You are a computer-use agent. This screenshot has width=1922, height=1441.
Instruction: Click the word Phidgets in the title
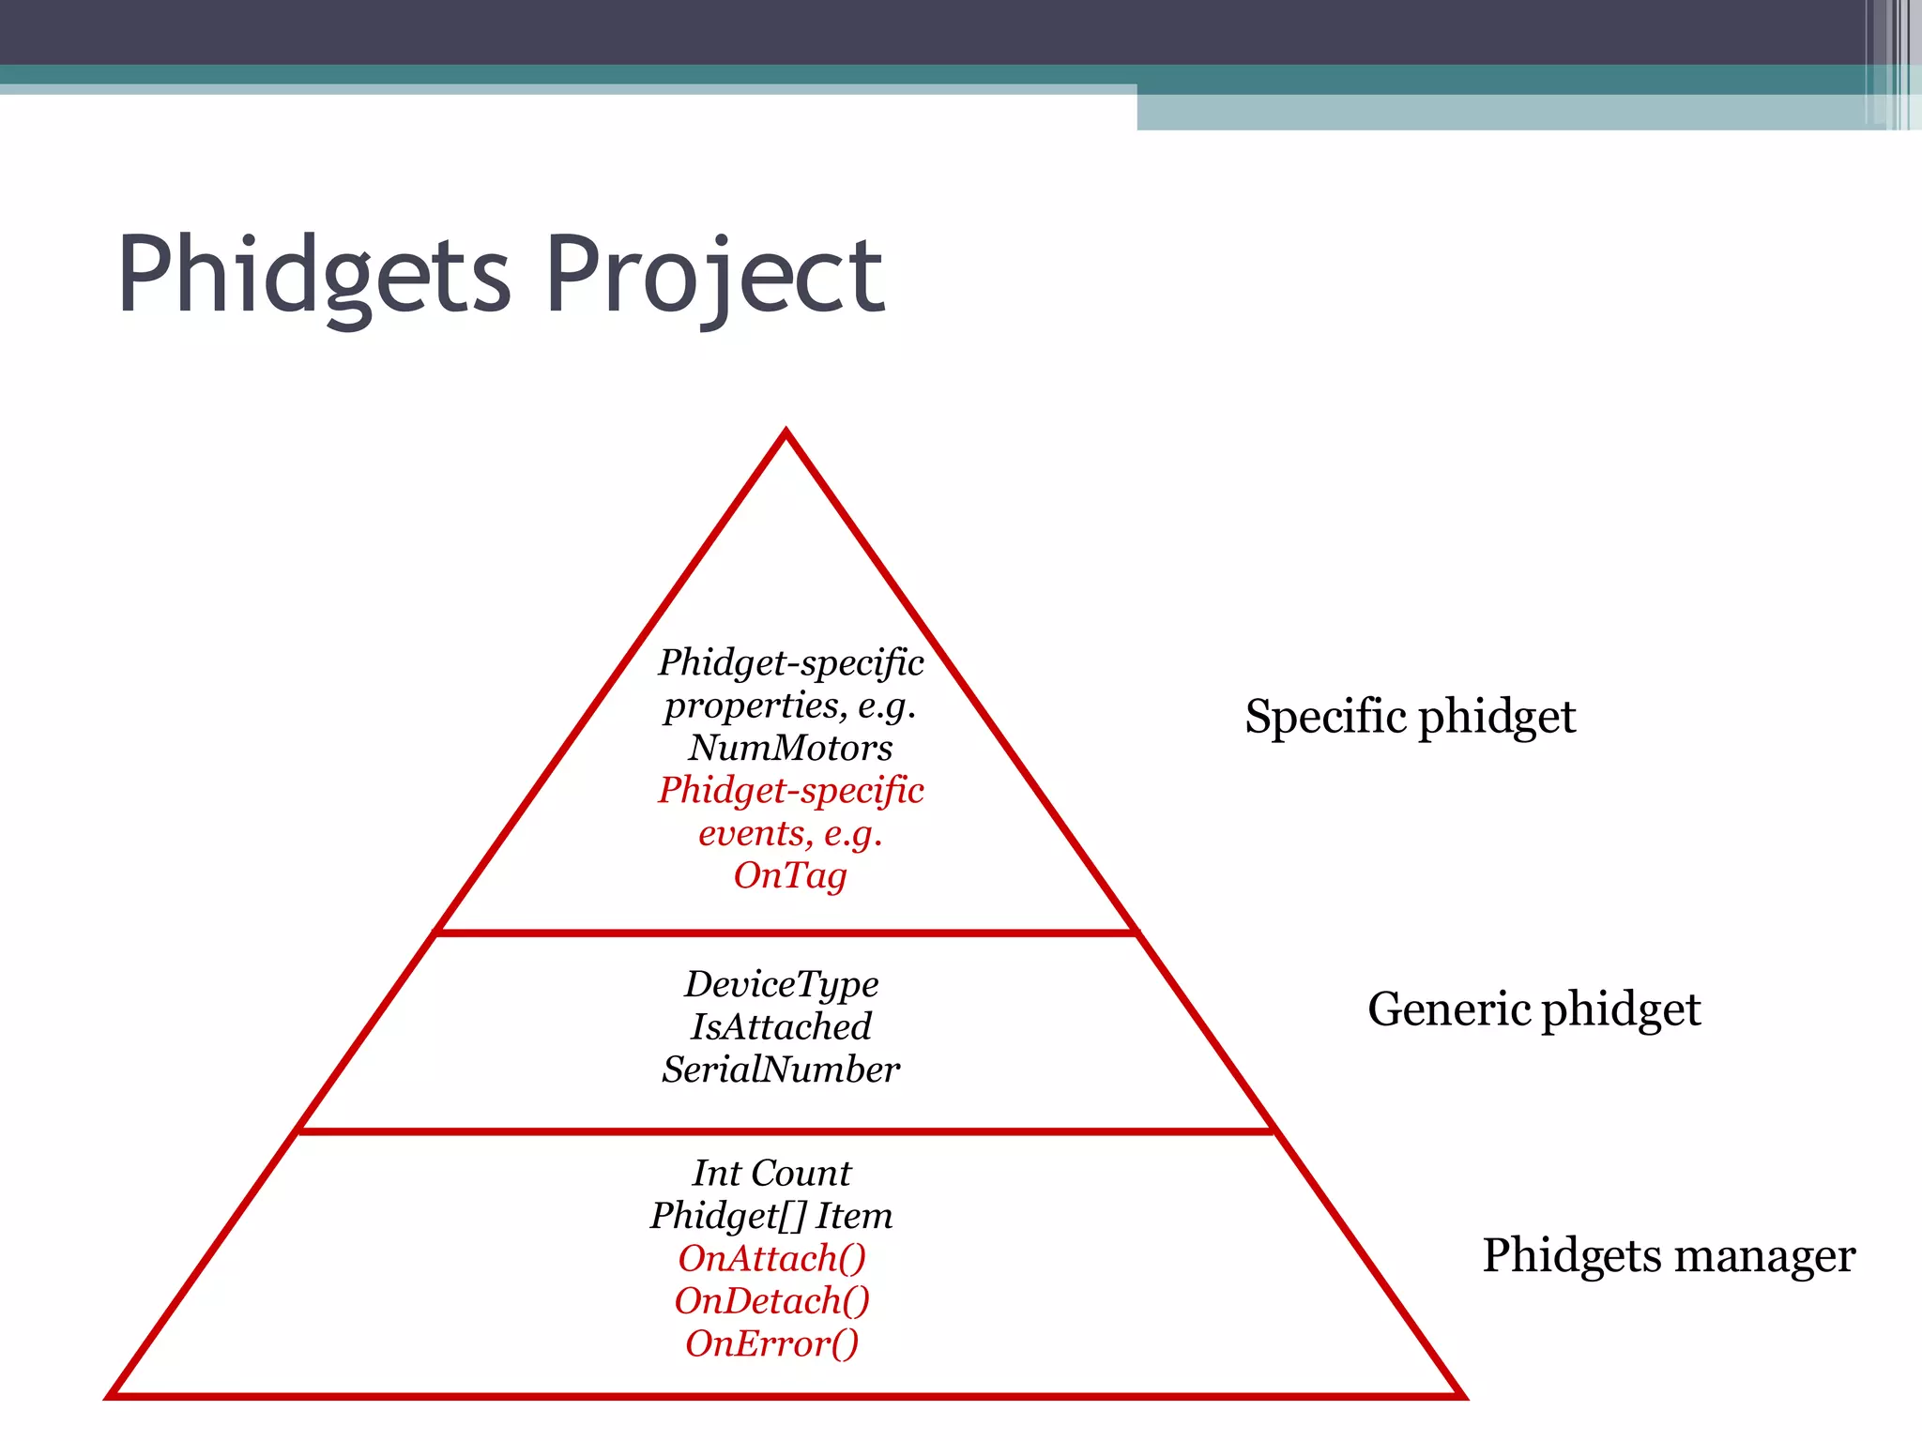click(x=314, y=276)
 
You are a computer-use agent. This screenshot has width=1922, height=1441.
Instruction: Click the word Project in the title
click(x=714, y=276)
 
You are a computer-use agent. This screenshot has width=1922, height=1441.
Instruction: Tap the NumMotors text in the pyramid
click(x=790, y=748)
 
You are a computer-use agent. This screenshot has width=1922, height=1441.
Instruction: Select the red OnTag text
click(x=790, y=875)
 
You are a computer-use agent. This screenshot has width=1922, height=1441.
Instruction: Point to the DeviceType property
click(x=781, y=984)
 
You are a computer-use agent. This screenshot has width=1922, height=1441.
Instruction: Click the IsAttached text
click(x=781, y=1026)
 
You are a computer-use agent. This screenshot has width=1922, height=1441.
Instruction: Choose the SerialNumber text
click(x=781, y=1069)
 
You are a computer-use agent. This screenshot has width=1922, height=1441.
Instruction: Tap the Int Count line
click(x=771, y=1173)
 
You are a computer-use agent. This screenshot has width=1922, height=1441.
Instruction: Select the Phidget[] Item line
click(x=771, y=1216)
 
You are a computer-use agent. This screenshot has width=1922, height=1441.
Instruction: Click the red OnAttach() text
click(x=771, y=1258)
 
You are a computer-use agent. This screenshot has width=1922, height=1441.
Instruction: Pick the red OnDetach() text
click(x=771, y=1301)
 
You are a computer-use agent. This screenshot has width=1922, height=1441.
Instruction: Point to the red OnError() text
click(x=771, y=1343)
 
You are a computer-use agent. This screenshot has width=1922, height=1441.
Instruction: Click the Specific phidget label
click(x=1410, y=718)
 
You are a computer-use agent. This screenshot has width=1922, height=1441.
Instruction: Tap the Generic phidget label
click(x=1533, y=1009)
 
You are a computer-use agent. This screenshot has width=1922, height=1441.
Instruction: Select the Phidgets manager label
click(x=1669, y=1255)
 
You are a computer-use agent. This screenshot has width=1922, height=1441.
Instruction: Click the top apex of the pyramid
click(x=786, y=433)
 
